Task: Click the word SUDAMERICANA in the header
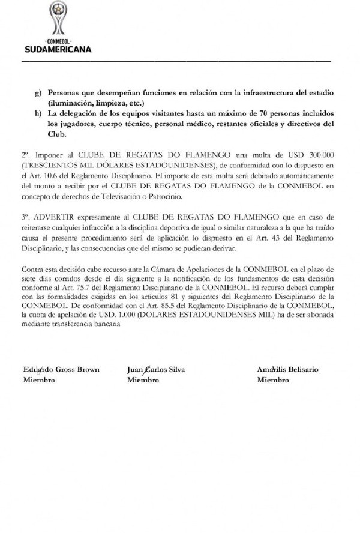point(58,50)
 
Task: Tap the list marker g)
point(39,95)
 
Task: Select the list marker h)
point(39,115)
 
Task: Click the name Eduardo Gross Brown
point(61,369)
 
